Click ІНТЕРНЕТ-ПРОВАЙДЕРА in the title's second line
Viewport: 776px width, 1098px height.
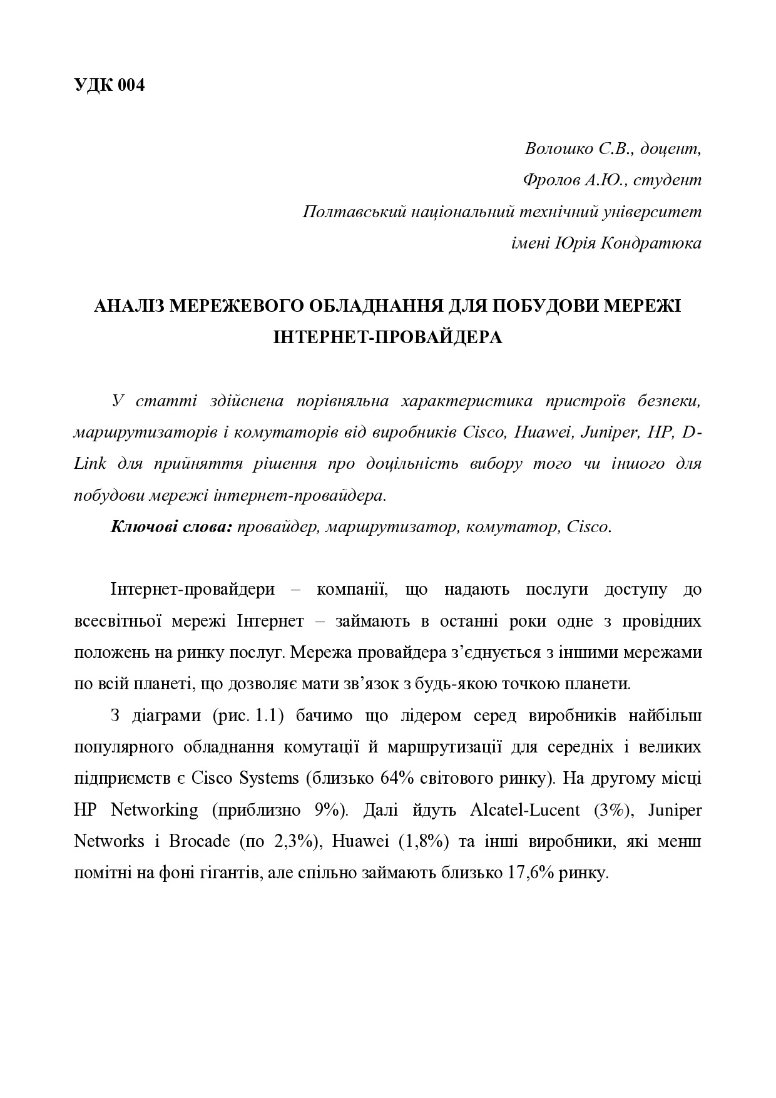[x=388, y=337]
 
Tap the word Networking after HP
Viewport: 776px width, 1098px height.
[x=154, y=810]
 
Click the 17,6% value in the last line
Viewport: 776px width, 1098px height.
[x=528, y=873]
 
